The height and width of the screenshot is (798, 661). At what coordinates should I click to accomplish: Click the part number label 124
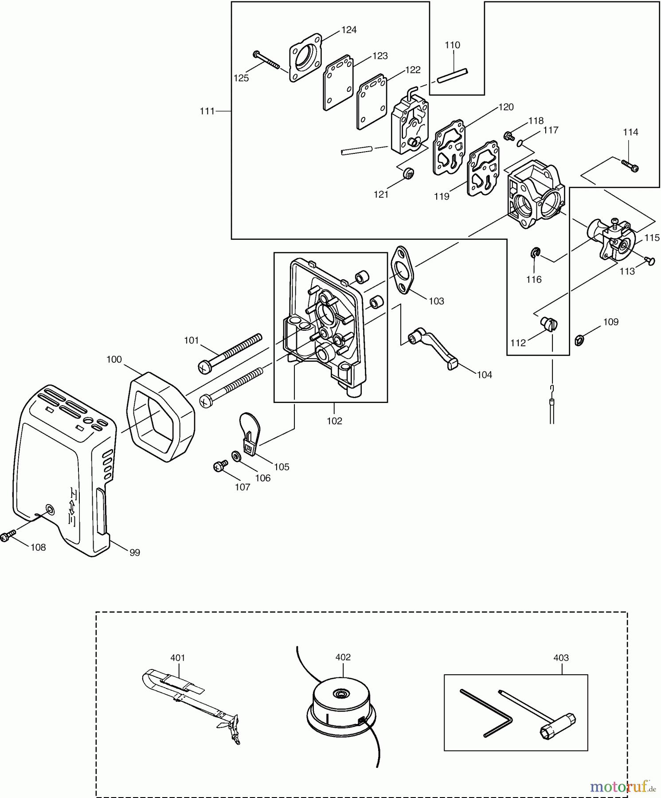[x=348, y=30]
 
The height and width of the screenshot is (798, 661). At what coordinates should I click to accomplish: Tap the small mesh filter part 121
[x=409, y=174]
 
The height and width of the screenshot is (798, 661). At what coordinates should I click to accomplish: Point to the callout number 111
[x=207, y=111]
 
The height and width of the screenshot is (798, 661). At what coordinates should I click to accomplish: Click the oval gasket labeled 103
[x=402, y=270]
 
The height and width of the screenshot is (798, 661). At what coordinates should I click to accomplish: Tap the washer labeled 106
[x=236, y=456]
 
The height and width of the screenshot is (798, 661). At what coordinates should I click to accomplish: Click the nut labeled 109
[x=579, y=340]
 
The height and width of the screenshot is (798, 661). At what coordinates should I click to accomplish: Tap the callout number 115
[x=652, y=238]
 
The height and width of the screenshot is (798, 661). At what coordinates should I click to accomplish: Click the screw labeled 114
[x=630, y=166]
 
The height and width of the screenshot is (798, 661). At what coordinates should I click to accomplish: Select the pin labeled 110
[x=452, y=75]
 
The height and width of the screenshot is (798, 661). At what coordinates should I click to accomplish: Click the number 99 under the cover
[x=134, y=552]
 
